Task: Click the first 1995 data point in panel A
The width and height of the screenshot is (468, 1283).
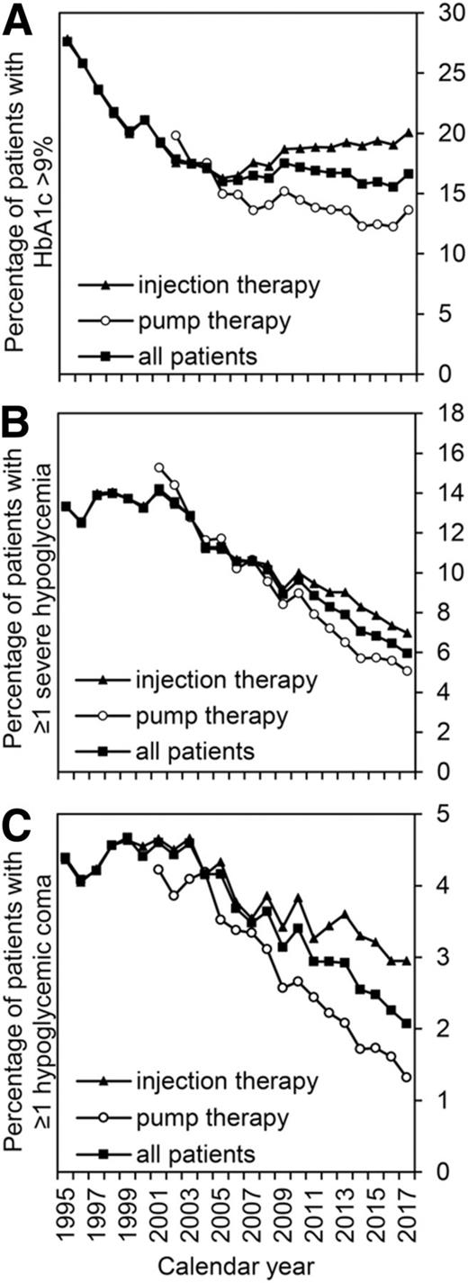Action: pos(67,41)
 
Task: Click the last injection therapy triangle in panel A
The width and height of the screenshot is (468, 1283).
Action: pos(407,133)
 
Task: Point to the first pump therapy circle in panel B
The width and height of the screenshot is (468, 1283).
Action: pos(159,467)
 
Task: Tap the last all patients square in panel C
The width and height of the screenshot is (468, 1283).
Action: pos(407,1023)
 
